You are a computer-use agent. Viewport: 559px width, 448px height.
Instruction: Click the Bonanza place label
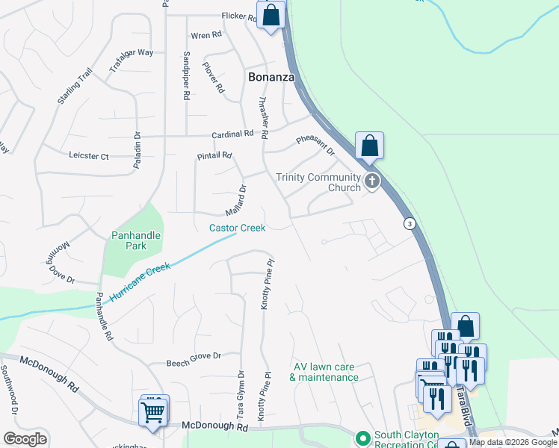point(271,77)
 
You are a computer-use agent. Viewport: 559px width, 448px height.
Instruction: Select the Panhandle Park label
point(136,240)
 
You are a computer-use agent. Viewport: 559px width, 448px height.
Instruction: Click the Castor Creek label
point(237,228)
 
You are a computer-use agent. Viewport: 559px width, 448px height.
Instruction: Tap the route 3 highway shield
point(410,224)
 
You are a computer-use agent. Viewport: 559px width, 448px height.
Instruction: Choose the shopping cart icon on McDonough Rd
point(153,411)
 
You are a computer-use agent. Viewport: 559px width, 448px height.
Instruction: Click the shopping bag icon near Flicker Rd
point(271,14)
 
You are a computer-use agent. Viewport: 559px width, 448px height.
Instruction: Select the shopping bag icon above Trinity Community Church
point(369,146)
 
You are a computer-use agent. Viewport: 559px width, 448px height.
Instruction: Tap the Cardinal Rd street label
point(232,134)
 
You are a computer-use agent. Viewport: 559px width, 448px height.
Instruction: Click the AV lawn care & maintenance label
point(324,372)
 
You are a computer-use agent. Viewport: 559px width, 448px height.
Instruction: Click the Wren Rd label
point(206,35)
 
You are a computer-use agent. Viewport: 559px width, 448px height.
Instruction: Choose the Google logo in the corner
point(25,439)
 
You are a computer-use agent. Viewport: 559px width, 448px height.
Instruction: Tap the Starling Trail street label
point(73,87)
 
